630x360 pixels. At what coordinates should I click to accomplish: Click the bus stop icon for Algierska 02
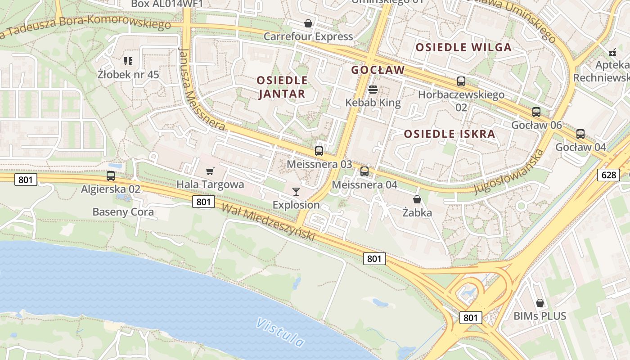(111, 176)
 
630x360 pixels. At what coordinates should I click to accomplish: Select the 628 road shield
(608, 175)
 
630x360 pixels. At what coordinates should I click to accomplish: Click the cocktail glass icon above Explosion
(296, 192)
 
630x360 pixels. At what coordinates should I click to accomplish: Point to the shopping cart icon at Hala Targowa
(210, 171)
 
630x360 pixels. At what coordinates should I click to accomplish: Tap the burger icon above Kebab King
(373, 90)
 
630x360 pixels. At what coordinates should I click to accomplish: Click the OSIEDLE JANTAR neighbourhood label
(282, 87)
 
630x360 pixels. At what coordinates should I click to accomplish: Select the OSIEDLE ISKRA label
(449, 134)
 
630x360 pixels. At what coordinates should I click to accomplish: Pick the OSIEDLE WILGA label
(463, 47)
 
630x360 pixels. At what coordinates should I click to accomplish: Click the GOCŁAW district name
(378, 70)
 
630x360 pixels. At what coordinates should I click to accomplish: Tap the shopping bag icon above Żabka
(417, 199)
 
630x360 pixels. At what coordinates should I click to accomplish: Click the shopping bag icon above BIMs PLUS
(540, 303)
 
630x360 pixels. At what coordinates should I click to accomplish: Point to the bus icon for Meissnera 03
(319, 151)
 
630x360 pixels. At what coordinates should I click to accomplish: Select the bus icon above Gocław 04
(580, 134)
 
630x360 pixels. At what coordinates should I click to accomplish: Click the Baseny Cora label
(123, 211)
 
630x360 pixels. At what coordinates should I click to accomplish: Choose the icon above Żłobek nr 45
(128, 61)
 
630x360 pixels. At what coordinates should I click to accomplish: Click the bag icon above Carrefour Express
(308, 23)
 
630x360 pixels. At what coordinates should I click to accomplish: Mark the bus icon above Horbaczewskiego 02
(461, 81)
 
